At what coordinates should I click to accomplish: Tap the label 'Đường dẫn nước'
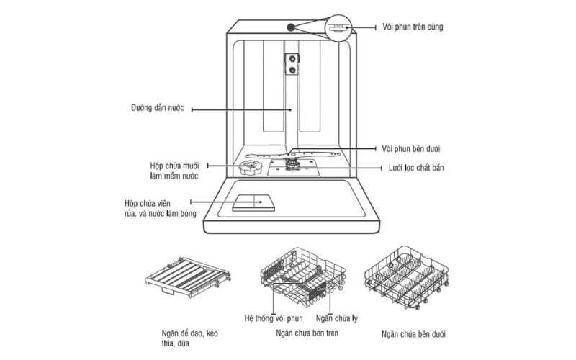click(x=153, y=109)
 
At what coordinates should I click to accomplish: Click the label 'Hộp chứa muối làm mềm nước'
click(x=170, y=171)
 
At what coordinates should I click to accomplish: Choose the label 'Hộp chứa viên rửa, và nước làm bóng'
click(x=157, y=210)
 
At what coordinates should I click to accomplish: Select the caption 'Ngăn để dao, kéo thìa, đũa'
click(x=189, y=339)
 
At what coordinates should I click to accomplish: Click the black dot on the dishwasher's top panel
click(x=290, y=27)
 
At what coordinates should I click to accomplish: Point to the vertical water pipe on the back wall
click(x=292, y=101)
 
